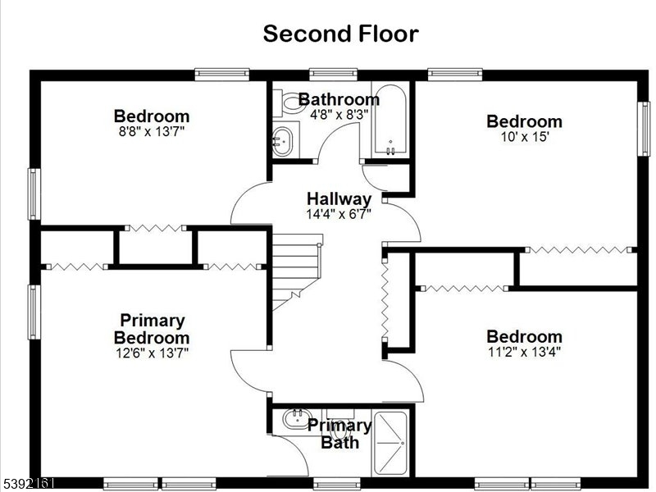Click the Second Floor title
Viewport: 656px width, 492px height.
pyautogui.click(x=340, y=34)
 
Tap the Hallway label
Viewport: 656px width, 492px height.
pyautogui.click(x=339, y=198)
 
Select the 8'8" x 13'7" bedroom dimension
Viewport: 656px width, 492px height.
pyautogui.click(x=152, y=131)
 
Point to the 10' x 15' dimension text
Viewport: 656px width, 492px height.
pyautogui.click(x=524, y=136)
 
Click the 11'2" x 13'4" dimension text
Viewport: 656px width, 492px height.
pyautogui.click(x=524, y=352)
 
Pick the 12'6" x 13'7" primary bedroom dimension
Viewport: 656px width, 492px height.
pyautogui.click(x=152, y=353)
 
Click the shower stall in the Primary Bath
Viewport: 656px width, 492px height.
pyautogui.click(x=390, y=444)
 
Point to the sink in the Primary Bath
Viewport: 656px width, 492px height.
pyautogui.click(x=296, y=419)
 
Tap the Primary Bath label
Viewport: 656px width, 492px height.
pyautogui.click(x=339, y=434)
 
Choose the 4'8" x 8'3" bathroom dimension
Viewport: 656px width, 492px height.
pyautogui.click(x=339, y=114)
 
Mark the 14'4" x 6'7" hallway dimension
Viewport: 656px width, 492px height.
pyautogui.click(x=339, y=214)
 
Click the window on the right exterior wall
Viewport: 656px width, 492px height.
pyautogui.click(x=644, y=129)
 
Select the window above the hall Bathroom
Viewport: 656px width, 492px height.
pyautogui.click(x=334, y=74)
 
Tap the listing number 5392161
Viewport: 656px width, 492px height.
pyautogui.click(x=28, y=484)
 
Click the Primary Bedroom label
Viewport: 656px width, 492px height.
pyautogui.click(x=152, y=329)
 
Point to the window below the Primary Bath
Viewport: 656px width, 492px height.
pyautogui.click(x=337, y=484)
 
